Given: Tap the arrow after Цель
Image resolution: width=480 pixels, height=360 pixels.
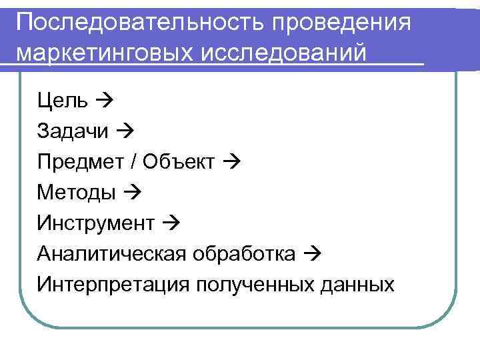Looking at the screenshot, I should [104, 101].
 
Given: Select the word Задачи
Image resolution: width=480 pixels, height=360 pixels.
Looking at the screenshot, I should [73, 132].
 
